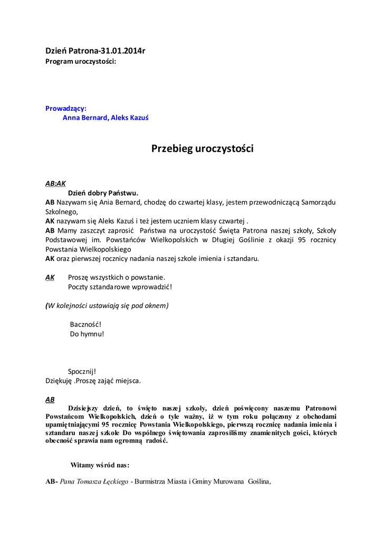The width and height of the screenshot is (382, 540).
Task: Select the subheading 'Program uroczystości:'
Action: (x=81, y=61)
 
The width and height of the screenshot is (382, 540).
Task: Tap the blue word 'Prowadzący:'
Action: (x=66, y=108)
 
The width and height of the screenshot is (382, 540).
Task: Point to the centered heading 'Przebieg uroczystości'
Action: (x=203, y=149)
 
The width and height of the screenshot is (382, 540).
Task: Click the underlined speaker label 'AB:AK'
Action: (x=55, y=184)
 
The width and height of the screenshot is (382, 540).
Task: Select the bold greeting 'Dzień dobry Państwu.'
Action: (x=103, y=192)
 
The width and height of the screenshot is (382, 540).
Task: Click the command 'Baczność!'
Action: (x=85, y=324)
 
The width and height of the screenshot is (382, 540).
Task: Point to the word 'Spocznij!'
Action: (x=82, y=371)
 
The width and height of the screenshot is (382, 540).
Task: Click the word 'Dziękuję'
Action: (x=59, y=380)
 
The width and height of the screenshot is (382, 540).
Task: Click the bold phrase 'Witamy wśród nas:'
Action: (x=100, y=465)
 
